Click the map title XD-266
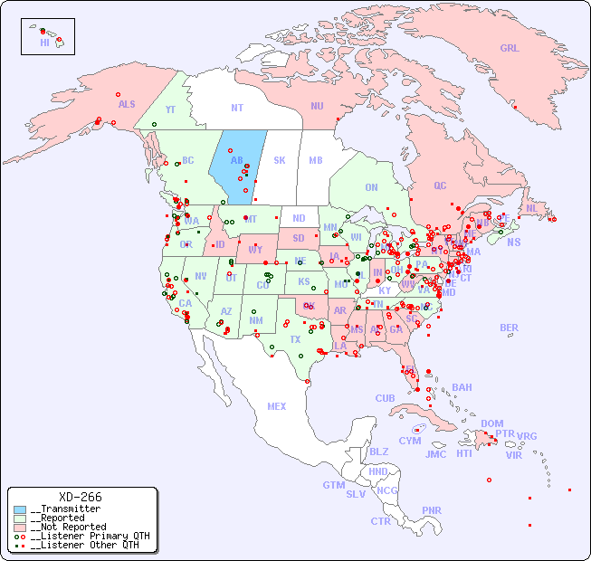(81, 497)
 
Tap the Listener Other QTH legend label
(84, 545)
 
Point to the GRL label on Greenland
(510, 48)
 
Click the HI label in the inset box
(44, 43)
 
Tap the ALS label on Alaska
(127, 104)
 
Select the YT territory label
(170, 109)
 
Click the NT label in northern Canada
(237, 108)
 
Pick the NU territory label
(317, 106)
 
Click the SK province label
(280, 160)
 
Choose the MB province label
(315, 160)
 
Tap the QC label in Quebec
(440, 185)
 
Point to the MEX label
(277, 406)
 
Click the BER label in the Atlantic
(510, 328)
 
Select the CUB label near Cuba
(385, 398)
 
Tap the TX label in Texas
(295, 339)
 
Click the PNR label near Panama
(432, 510)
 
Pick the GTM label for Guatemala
(333, 485)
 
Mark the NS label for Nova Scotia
(514, 242)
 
